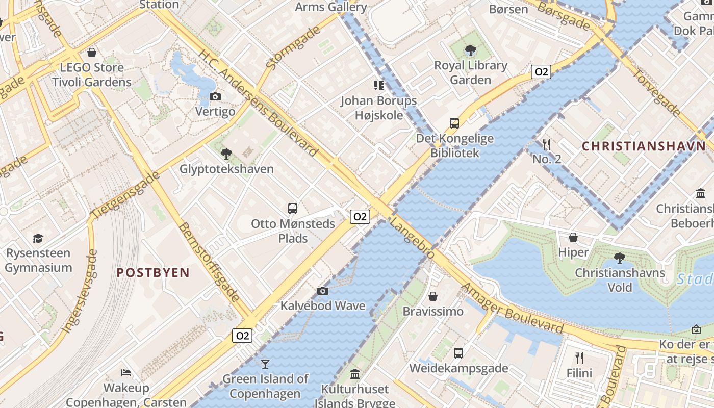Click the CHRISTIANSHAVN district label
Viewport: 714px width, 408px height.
pyautogui.click(x=644, y=146)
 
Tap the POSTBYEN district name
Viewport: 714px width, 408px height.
pyautogui.click(x=153, y=273)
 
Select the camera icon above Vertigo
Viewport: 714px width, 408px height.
pyautogui.click(x=215, y=97)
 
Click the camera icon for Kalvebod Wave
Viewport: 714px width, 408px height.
pyautogui.click(x=322, y=291)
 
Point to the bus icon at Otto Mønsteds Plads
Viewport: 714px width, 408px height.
pyautogui.click(x=293, y=208)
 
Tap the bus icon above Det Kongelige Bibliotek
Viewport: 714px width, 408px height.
pyautogui.click(x=454, y=123)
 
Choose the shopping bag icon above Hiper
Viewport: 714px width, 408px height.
pyautogui.click(x=573, y=237)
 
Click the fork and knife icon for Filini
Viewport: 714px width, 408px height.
pyautogui.click(x=579, y=358)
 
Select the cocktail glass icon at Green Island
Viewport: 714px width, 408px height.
pyautogui.click(x=265, y=364)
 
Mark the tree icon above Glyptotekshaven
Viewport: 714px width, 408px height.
pyautogui.click(x=226, y=154)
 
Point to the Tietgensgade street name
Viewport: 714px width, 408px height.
pyautogui.click(x=125, y=196)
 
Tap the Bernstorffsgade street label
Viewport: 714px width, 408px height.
pyautogui.click(x=209, y=262)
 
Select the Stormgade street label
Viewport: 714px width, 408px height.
pyautogui.click(x=293, y=47)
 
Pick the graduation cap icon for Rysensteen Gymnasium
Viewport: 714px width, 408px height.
pyautogui.click(x=38, y=238)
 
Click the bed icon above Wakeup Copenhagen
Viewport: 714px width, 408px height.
pyautogui.click(x=126, y=373)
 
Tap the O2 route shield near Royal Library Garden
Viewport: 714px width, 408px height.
pyautogui.click(x=541, y=72)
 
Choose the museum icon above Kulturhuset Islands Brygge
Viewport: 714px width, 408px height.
pyautogui.click(x=355, y=375)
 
